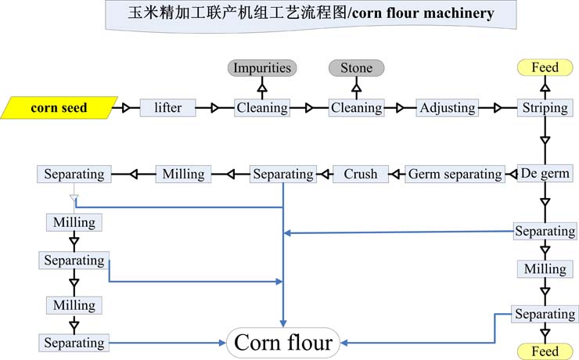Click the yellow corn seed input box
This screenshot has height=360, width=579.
[x=59, y=108]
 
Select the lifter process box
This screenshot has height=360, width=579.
[x=167, y=108]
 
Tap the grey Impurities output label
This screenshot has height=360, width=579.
[x=262, y=68]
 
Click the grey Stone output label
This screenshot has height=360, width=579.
[x=356, y=68]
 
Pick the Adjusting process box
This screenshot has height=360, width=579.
[x=447, y=108]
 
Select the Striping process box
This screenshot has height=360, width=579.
[x=545, y=108]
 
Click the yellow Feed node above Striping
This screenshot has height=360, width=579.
[x=545, y=68]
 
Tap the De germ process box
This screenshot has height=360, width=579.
[x=545, y=173]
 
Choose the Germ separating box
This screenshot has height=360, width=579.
[x=455, y=174]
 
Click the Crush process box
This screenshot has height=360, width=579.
[x=361, y=174]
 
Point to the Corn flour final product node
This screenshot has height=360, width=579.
[x=283, y=343]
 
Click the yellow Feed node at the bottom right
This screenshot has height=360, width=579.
[x=545, y=351]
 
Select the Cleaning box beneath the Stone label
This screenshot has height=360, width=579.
[x=356, y=108]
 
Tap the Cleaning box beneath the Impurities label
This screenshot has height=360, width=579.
[x=262, y=108]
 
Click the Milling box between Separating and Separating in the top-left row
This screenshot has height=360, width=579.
[x=184, y=174]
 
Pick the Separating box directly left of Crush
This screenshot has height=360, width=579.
[x=282, y=174]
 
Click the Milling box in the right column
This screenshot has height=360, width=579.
[x=545, y=268]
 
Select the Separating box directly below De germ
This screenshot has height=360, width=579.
[x=545, y=231]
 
